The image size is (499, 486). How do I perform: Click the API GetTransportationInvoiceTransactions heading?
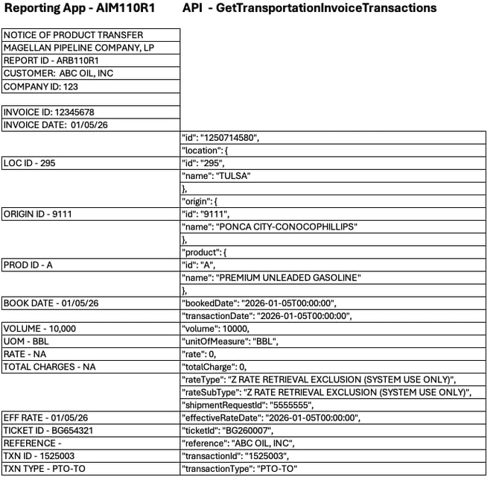click(x=309, y=8)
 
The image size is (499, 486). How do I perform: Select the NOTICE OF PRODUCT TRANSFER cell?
click(x=73, y=35)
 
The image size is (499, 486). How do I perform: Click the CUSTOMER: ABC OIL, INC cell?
click(x=58, y=73)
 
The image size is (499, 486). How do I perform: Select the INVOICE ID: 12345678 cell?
click(x=48, y=112)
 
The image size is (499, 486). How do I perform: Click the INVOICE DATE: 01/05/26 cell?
click(x=55, y=124)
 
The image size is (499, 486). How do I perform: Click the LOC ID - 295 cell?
click(x=30, y=163)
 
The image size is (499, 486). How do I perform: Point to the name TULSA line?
click(x=215, y=176)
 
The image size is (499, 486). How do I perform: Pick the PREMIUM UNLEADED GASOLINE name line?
click(x=271, y=278)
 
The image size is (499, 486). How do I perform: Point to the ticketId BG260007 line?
click(x=227, y=431)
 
